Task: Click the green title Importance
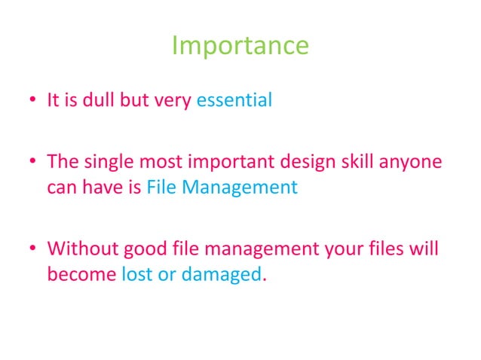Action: point(240,46)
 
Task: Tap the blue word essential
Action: point(234,100)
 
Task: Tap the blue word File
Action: point(161,188)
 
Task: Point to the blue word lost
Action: point(136,274)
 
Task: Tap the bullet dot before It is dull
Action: point(33,101)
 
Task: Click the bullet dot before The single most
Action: point(33,163)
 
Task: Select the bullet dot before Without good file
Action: point(33,249)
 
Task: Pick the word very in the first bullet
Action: point(173,100)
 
